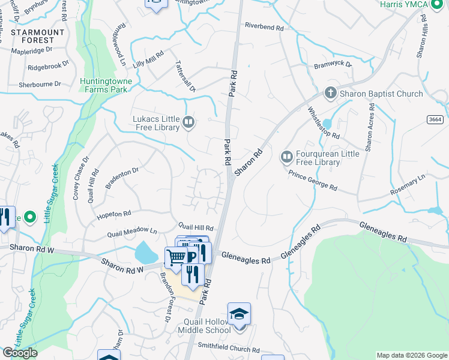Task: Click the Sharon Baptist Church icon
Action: pyautogui.click(x=330, y=93)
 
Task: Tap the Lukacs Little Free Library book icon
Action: pyautogui.click(x=188, y=123)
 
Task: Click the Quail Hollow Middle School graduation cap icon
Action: pyautogui.click(x=239, y=314)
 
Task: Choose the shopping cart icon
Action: pyautogui.click(x=176, y=257)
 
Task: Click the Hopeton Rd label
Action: pyautogui.click(x=110, y=214)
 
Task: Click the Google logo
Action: pyautogui.click(x=20, y=353)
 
